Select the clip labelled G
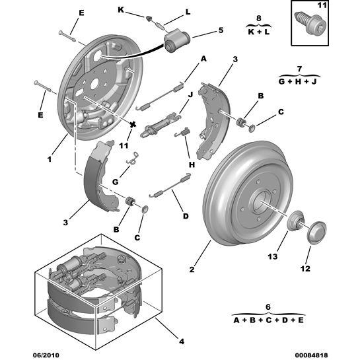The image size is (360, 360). [x=133, y=159]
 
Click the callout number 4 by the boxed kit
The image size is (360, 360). [x=181, y=341]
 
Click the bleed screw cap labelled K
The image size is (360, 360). [x=148, y=17]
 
